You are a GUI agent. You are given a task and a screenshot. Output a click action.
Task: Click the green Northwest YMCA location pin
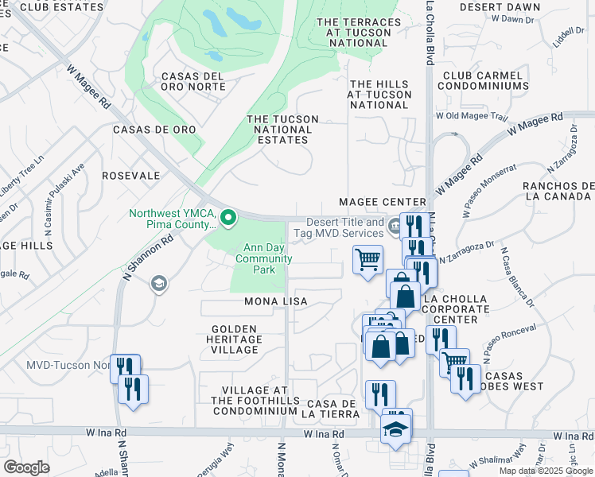(x=229, y=216)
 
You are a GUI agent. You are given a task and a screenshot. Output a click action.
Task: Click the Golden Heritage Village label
(x=235, y=339)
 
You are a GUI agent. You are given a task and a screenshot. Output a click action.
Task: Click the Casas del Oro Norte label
(x=193, y=81)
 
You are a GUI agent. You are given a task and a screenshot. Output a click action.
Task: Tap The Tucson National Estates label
(x=282, y=130)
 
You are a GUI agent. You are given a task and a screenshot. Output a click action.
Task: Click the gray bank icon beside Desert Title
(x=394, y=228)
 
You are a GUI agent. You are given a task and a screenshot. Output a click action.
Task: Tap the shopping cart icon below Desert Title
(x=367, y=259)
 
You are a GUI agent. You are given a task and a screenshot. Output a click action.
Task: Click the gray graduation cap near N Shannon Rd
(x=158, y=284)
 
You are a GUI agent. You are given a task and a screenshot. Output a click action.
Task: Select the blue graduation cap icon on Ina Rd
(x=395, y=430)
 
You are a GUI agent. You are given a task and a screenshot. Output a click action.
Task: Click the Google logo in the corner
(x=26, y=467)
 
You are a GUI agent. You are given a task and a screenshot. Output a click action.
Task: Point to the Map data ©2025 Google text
(x=546, y=471)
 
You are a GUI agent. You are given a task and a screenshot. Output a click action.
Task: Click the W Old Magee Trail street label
(x=471, y=117)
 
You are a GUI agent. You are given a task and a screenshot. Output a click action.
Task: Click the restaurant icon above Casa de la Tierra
(x=380, y=394)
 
